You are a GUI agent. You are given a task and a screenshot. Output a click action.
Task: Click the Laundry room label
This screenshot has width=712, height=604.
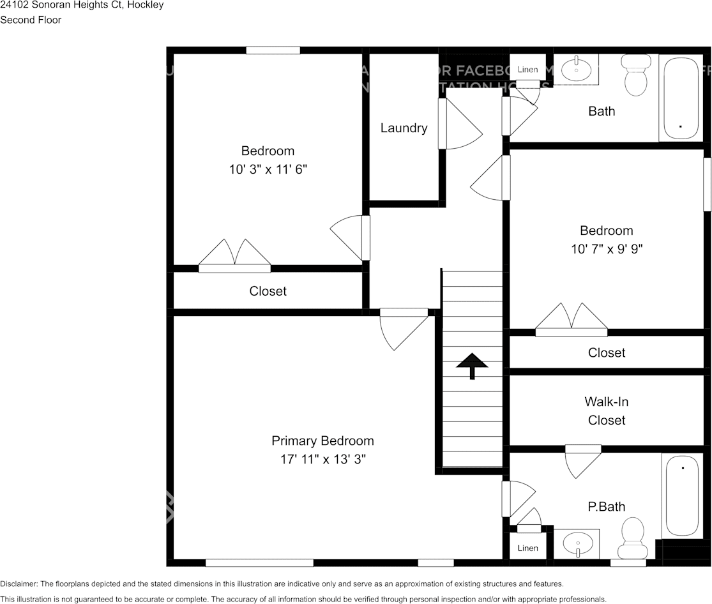tap(404, 128)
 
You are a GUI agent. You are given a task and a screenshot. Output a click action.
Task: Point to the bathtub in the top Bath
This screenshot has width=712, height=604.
tap(681, 98)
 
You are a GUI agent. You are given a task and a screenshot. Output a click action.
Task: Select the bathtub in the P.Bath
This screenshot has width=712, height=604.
tap(683, 495)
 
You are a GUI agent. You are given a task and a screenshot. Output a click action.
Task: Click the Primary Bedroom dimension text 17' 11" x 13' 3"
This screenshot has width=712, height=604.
tap(322, 458)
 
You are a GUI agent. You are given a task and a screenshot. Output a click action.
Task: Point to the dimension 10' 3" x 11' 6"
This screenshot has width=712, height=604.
tap(268, 169)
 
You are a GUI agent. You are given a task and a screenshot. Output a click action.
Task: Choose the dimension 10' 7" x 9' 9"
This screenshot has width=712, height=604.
tap(606, 249)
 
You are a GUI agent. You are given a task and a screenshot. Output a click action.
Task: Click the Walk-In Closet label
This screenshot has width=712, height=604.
tap(606, 411)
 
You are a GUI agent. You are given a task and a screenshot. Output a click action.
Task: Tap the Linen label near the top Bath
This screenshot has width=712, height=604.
tap(527, 70)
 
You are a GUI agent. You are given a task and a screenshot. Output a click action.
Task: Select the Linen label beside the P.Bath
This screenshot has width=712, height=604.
tap(527, 548)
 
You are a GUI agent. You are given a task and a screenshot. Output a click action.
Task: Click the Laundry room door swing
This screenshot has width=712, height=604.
tap(461, 125)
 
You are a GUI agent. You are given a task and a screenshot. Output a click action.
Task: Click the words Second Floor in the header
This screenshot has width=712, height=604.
tap(31, 20)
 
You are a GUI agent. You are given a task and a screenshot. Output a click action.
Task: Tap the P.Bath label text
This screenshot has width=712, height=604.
tap(606, 507)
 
